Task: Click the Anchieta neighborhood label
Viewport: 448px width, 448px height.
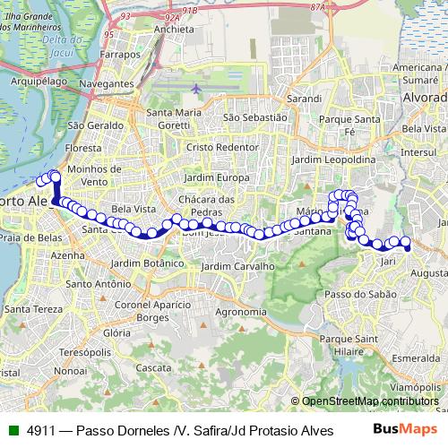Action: [174, 29]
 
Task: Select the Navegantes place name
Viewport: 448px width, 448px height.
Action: [106, 83]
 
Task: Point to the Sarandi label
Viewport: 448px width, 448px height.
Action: [304, 97]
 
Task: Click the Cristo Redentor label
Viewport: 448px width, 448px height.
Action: [222, 146]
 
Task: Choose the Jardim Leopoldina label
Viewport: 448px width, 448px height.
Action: [333, 159]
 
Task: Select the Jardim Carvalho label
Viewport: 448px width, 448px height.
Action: [237, 266]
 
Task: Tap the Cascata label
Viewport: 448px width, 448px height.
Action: [153, 367]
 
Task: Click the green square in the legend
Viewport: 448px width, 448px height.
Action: [12, 430]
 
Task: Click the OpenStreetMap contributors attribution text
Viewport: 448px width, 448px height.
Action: [370, 401]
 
